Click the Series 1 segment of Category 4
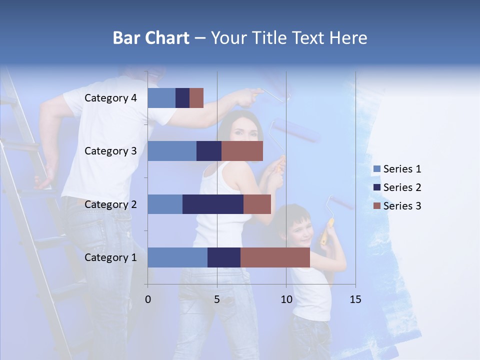161,98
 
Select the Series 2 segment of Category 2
213,204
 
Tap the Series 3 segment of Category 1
275,257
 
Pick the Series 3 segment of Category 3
242,151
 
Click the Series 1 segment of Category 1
177,257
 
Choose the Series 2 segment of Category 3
209,151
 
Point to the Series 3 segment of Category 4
196,98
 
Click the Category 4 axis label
110,98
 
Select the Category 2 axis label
110,204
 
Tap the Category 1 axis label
110,257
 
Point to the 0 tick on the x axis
148,299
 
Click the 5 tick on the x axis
217,299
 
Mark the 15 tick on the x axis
355,299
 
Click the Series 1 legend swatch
376,169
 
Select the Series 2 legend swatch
376,187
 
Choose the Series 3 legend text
402,206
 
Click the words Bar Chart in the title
151,38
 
